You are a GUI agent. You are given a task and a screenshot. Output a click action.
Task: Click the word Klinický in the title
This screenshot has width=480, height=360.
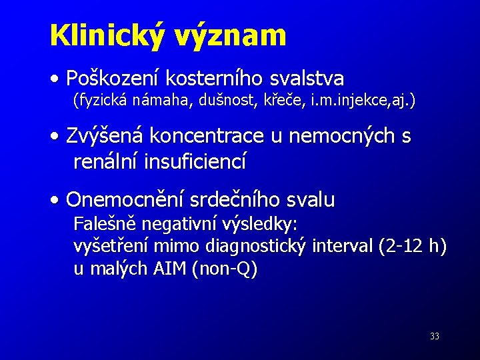pos(103,35)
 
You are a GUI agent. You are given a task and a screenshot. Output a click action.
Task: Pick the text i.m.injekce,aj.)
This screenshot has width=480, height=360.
pos(361,101)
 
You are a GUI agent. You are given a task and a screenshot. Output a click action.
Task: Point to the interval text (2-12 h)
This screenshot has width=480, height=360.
pos(412,246)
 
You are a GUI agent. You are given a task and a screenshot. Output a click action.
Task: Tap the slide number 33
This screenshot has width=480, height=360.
pos(435,337)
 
